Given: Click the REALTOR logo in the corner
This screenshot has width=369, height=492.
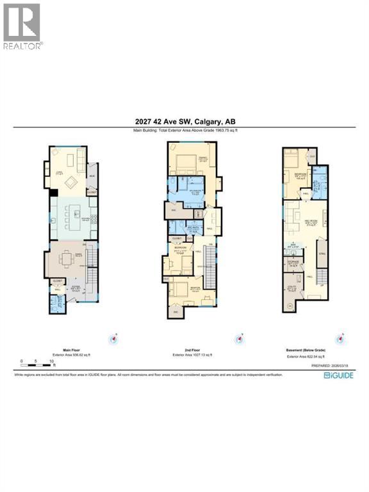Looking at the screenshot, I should point(22,26).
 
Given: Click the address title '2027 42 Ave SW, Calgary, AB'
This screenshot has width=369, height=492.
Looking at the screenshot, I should point(184,123).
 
